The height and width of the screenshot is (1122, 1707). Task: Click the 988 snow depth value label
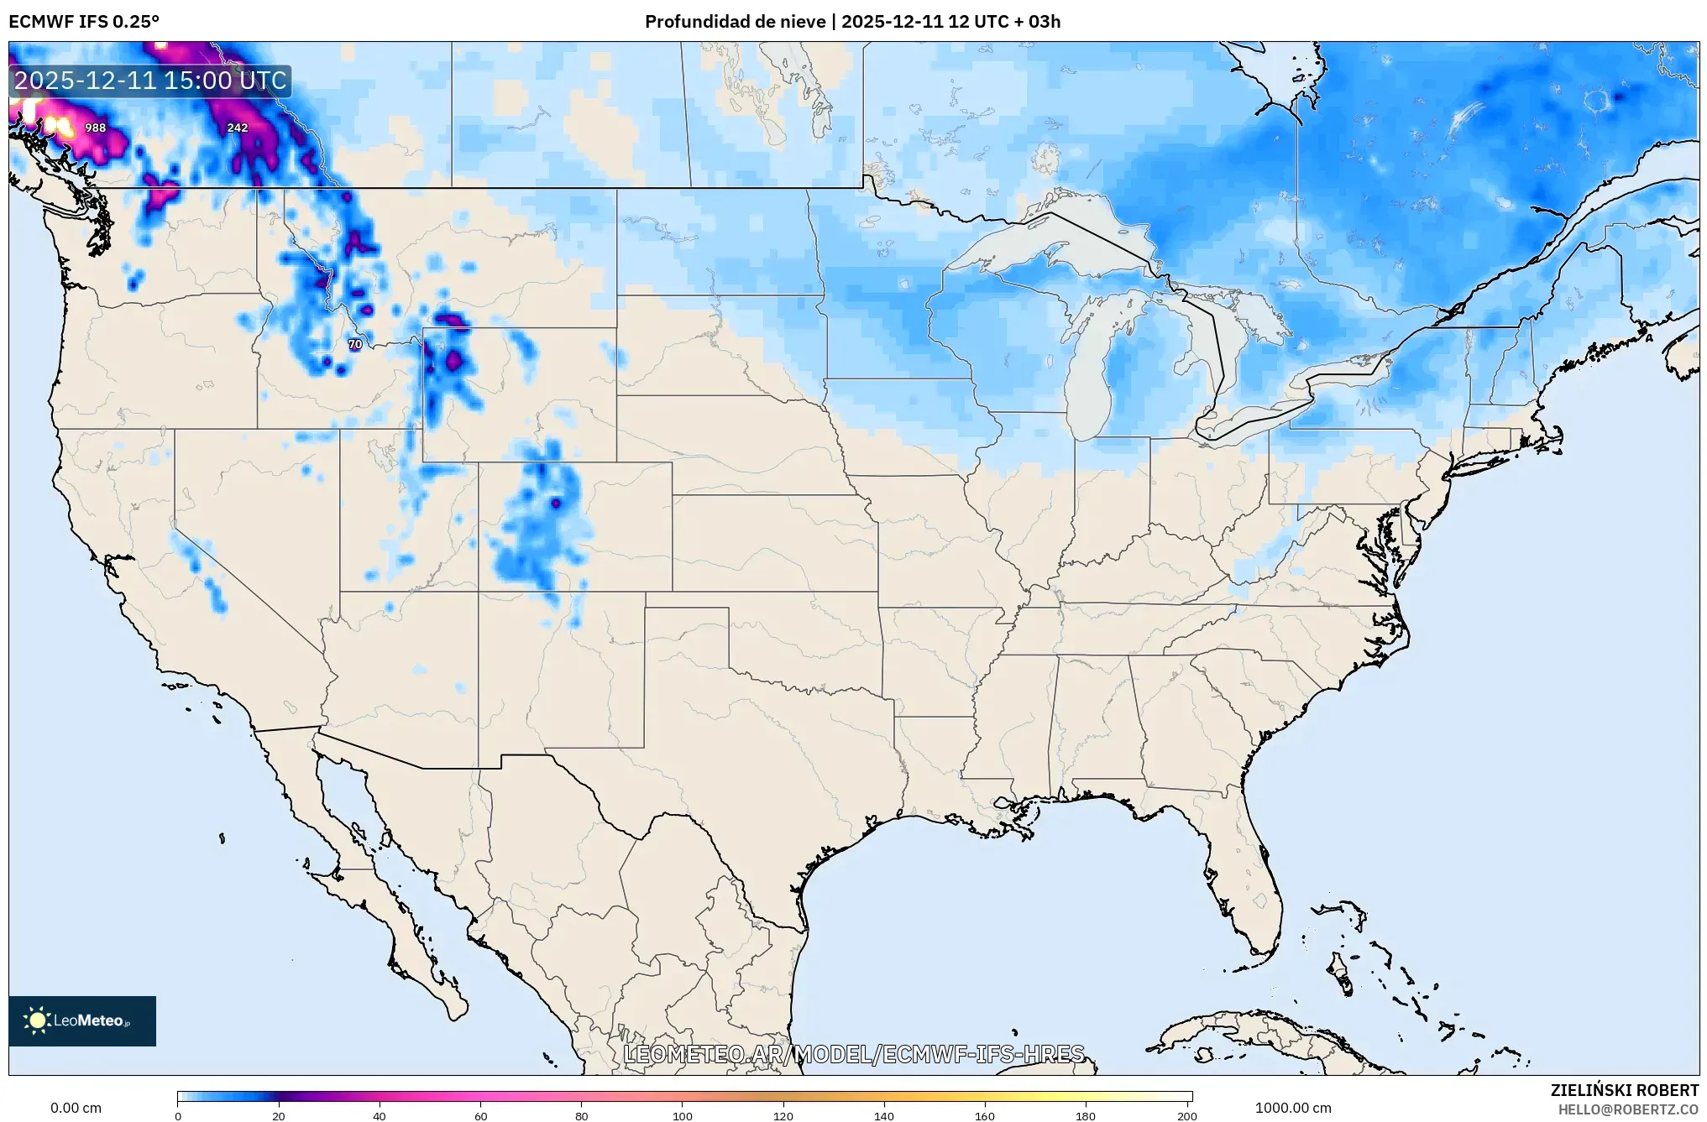[x=96, y=128]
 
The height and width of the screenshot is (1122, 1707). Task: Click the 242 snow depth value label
[x=238, y=128]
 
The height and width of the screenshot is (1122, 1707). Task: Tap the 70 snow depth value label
[x=355, y=344]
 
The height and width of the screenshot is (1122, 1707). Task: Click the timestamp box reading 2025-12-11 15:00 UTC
[x=150, y=81]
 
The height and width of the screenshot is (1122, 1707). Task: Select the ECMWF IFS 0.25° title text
[x=84, y=22]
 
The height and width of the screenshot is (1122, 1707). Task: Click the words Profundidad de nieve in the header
[x=735, y=22]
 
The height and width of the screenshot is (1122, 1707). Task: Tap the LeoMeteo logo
[x=82, y=1020]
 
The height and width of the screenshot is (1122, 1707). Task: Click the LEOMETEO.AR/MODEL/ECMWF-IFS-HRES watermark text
[x=854, y=1054]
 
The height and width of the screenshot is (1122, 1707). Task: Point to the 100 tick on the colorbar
[x=682, y=1115]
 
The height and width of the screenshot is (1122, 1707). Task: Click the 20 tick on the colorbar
[x=279, y=1115]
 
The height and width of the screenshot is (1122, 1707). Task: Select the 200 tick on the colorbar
[x=1186, y=1115]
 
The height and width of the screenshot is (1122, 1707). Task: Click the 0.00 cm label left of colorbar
[x=76, y=1108]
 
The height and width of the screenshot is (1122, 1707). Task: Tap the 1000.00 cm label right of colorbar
[x=1293, y=1108]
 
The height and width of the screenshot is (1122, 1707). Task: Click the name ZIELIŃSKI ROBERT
[x=1624, y=1090]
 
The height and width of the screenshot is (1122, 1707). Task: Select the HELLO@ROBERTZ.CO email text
[x=1628, y=1109]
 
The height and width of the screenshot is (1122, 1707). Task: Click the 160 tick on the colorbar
[x=985, y=1115]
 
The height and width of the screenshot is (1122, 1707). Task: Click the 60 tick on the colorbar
[x=480, y=1115]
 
